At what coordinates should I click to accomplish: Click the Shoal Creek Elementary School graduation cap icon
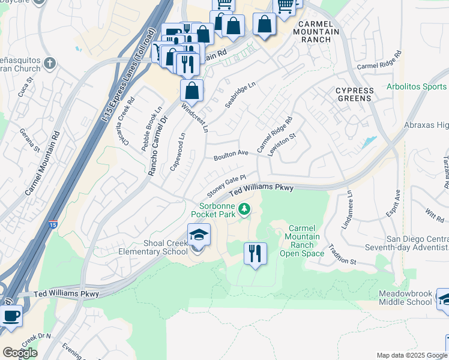point(199,235)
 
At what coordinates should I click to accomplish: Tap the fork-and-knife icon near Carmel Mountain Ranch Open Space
point(255,254)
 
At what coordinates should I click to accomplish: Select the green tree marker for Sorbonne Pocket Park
point(244,209)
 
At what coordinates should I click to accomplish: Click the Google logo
point(20,353)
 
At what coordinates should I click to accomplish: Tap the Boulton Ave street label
point(231,155)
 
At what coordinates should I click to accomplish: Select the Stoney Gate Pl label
point(226,186)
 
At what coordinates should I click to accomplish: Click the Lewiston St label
point(283,145)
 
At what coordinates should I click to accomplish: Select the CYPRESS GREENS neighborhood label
point(354,95)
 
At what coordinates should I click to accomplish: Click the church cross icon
point(49,62)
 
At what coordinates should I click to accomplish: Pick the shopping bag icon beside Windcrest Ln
point(191,91)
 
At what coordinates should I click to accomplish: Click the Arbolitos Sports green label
point(417,87)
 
